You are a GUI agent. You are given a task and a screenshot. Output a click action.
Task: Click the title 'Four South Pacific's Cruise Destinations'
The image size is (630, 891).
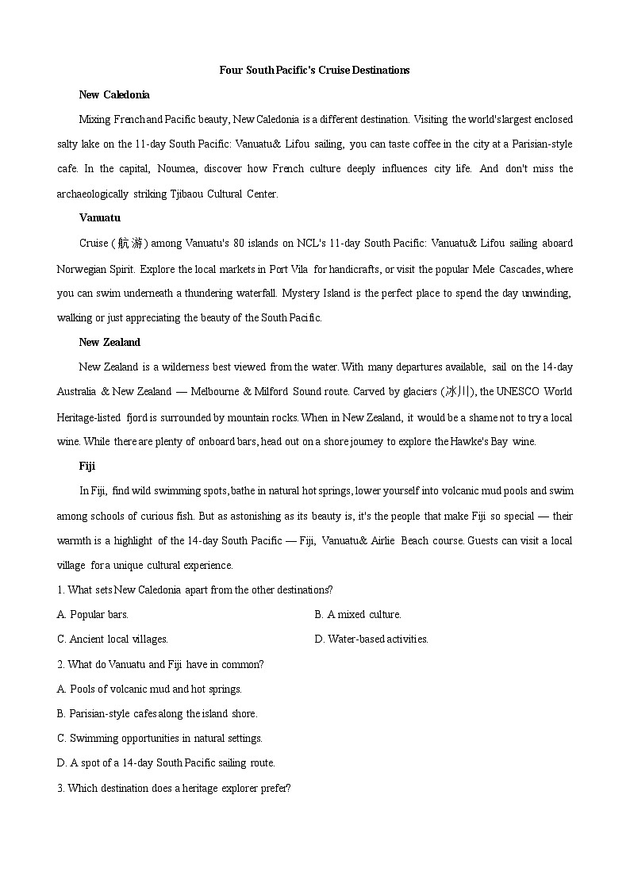[x=314, y=70]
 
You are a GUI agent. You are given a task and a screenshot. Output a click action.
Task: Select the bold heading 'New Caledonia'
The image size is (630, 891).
[x=114, y=95]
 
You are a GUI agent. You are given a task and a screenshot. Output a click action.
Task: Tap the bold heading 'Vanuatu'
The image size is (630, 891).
[x=100, y=217]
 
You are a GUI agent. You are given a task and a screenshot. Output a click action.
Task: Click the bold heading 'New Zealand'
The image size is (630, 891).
[x=109, y=342]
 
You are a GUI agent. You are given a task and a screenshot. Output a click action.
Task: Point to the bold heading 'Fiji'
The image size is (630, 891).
[x=87, y=466]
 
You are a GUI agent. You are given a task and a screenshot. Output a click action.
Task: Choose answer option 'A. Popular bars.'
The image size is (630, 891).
[x=93, y=614]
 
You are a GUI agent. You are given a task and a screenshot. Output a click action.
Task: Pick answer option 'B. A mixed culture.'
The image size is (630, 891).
[x=358, y=614]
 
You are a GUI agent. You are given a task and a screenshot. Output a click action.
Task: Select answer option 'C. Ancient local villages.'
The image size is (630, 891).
[x=113, y=639]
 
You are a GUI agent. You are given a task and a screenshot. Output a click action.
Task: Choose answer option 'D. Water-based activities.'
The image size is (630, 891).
[x=371, y=639]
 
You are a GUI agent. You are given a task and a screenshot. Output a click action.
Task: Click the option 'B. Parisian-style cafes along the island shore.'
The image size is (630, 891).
[x=157, y=713]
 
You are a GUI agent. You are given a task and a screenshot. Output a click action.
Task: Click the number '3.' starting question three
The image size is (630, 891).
[x=61, y=788]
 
